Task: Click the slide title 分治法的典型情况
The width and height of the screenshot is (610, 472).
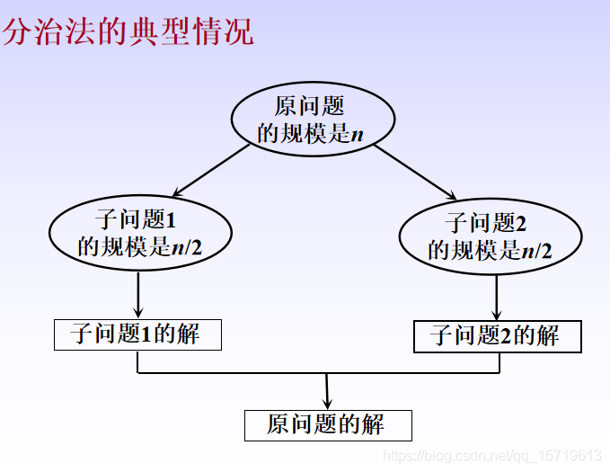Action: coord(128,31)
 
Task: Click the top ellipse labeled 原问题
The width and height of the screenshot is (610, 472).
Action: coord(313,120)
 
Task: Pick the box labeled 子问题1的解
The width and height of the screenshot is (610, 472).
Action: coord(137,334)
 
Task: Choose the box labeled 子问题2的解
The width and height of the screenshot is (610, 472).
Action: coord(497,336)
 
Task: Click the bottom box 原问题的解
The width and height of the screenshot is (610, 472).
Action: coord(328,424)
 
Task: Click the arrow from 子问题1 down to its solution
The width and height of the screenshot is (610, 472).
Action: coord(138,295)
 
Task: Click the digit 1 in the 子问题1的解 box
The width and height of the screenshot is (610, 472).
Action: coord(147,335)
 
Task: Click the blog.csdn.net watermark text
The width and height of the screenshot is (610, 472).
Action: coord(492,456)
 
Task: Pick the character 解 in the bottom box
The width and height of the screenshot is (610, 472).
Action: coord(372,424)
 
